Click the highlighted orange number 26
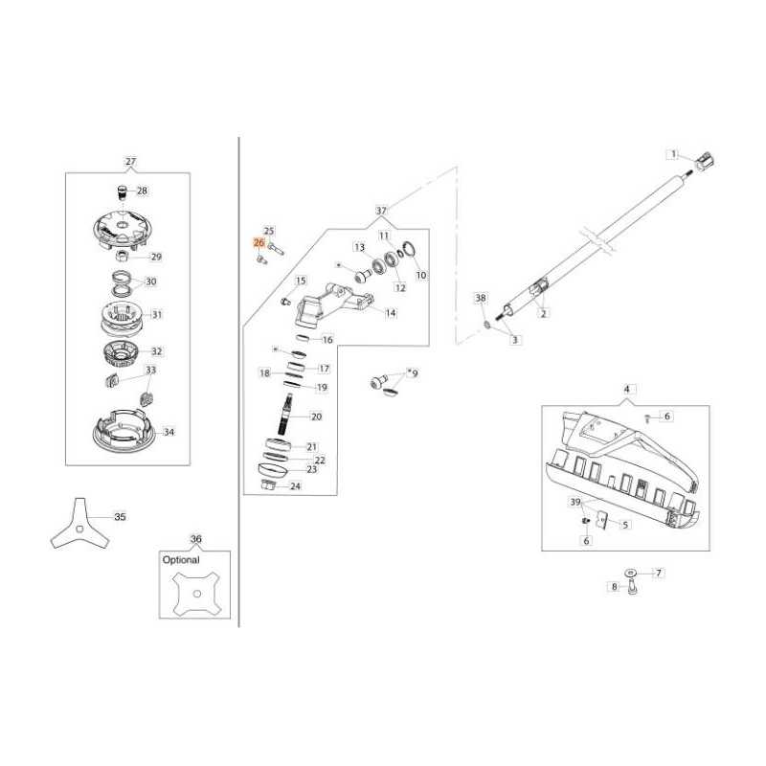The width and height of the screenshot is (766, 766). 259,243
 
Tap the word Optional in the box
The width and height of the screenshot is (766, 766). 181,560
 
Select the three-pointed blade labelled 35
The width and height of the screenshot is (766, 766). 80,524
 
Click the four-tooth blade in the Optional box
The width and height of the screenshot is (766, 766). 196,593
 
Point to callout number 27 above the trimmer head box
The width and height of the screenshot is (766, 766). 131,161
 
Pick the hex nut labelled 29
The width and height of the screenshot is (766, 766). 123,255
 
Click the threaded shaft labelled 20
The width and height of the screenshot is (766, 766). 286,414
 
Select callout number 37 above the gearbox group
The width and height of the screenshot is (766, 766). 381,211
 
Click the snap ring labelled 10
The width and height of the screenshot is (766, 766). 410,250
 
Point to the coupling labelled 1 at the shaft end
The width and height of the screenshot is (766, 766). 704,162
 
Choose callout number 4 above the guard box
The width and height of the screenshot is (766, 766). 627,390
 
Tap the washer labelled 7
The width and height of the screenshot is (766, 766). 631,572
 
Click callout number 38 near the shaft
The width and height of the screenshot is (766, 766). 481,298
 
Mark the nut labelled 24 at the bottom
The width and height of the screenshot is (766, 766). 269,484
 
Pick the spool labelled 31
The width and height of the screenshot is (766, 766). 120,319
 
